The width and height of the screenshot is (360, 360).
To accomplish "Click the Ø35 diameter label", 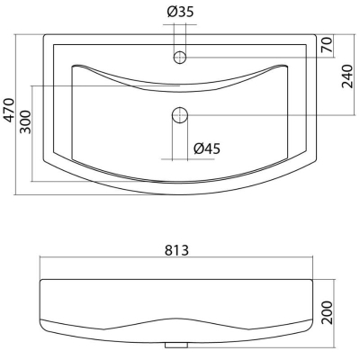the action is (180, 12).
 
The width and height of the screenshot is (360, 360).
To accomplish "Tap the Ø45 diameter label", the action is (207, 148).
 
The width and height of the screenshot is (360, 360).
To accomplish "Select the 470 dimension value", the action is (9, 110).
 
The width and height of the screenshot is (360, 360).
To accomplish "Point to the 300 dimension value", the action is (25, 122).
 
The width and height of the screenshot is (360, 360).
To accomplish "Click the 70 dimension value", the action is (327, 45).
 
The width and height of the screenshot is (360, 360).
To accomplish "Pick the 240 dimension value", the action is (347, 76).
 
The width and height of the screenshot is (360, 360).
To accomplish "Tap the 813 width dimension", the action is (176, 250).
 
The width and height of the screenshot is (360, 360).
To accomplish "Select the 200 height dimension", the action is (327, 312).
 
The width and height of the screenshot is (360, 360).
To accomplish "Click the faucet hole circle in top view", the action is (180, 57).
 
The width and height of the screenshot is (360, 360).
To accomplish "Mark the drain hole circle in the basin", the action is (180, 115).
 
